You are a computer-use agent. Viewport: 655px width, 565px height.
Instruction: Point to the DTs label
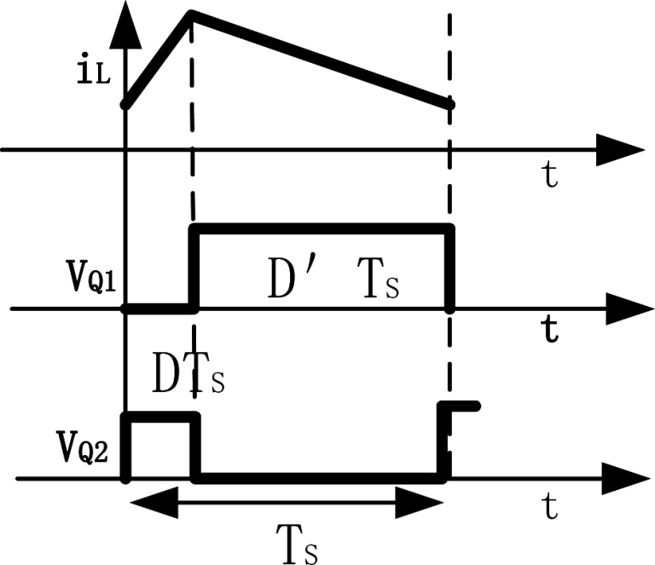click(188, 375)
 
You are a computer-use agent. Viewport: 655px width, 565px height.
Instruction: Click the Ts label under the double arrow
click(298, 541)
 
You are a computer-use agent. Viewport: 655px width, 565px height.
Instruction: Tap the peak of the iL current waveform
click(191, 14)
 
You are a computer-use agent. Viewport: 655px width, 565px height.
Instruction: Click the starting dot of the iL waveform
click(126, 104)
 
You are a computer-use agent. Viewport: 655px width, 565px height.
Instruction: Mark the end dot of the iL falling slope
click(450, 104)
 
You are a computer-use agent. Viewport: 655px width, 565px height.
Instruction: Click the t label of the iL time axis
click(551, 176)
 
